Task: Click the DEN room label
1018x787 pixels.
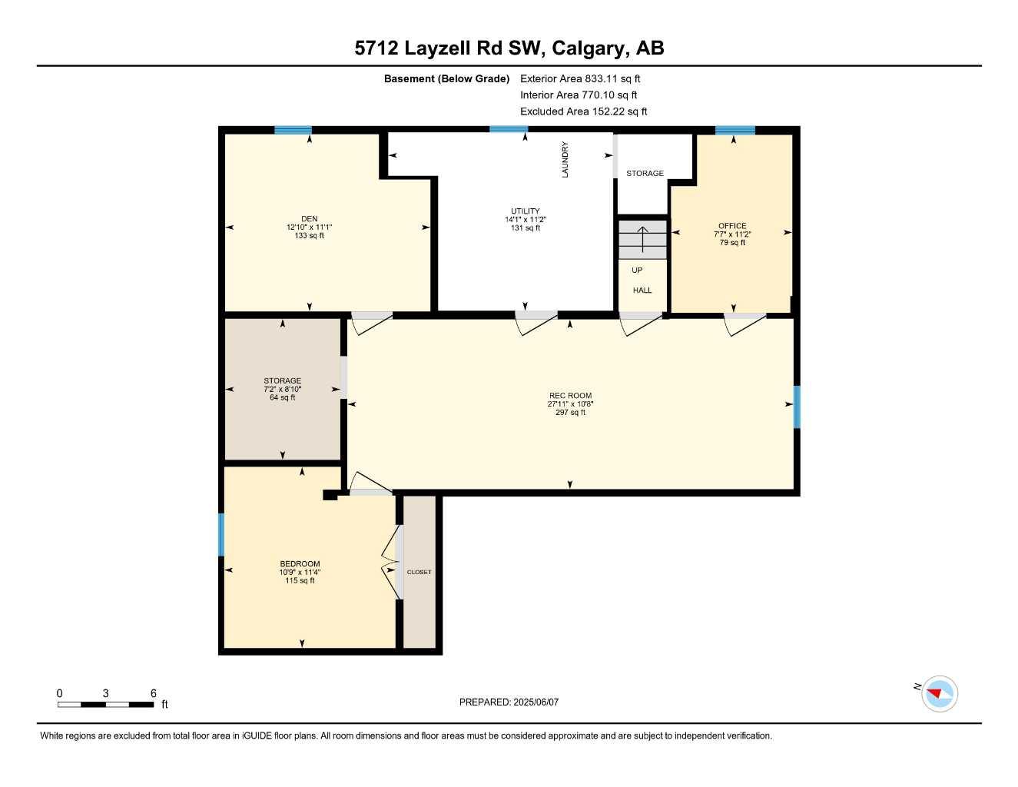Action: coord(309,219)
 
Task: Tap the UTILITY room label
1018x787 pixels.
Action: coord(526,211)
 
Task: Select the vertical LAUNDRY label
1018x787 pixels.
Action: coord(565,160)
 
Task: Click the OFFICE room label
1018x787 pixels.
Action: coord(732,226)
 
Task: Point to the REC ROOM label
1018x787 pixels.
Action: coord(570,396)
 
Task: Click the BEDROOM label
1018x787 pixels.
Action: coord(300,564)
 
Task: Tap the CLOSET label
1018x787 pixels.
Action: coord(419,572)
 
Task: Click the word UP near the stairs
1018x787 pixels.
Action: coord(637,271)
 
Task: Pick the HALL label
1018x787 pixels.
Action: coord(642,291)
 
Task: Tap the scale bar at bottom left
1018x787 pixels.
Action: coord(106,704)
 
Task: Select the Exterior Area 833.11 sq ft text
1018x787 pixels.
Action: coord(580,78)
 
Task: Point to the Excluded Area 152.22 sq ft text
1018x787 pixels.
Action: coord(583,111)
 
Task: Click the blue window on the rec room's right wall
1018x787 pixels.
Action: coord(797,407)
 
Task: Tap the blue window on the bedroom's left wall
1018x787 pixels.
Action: coord(221,534)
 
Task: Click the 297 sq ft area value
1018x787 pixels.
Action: coord(570,413)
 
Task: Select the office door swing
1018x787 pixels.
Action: coord(744,324)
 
